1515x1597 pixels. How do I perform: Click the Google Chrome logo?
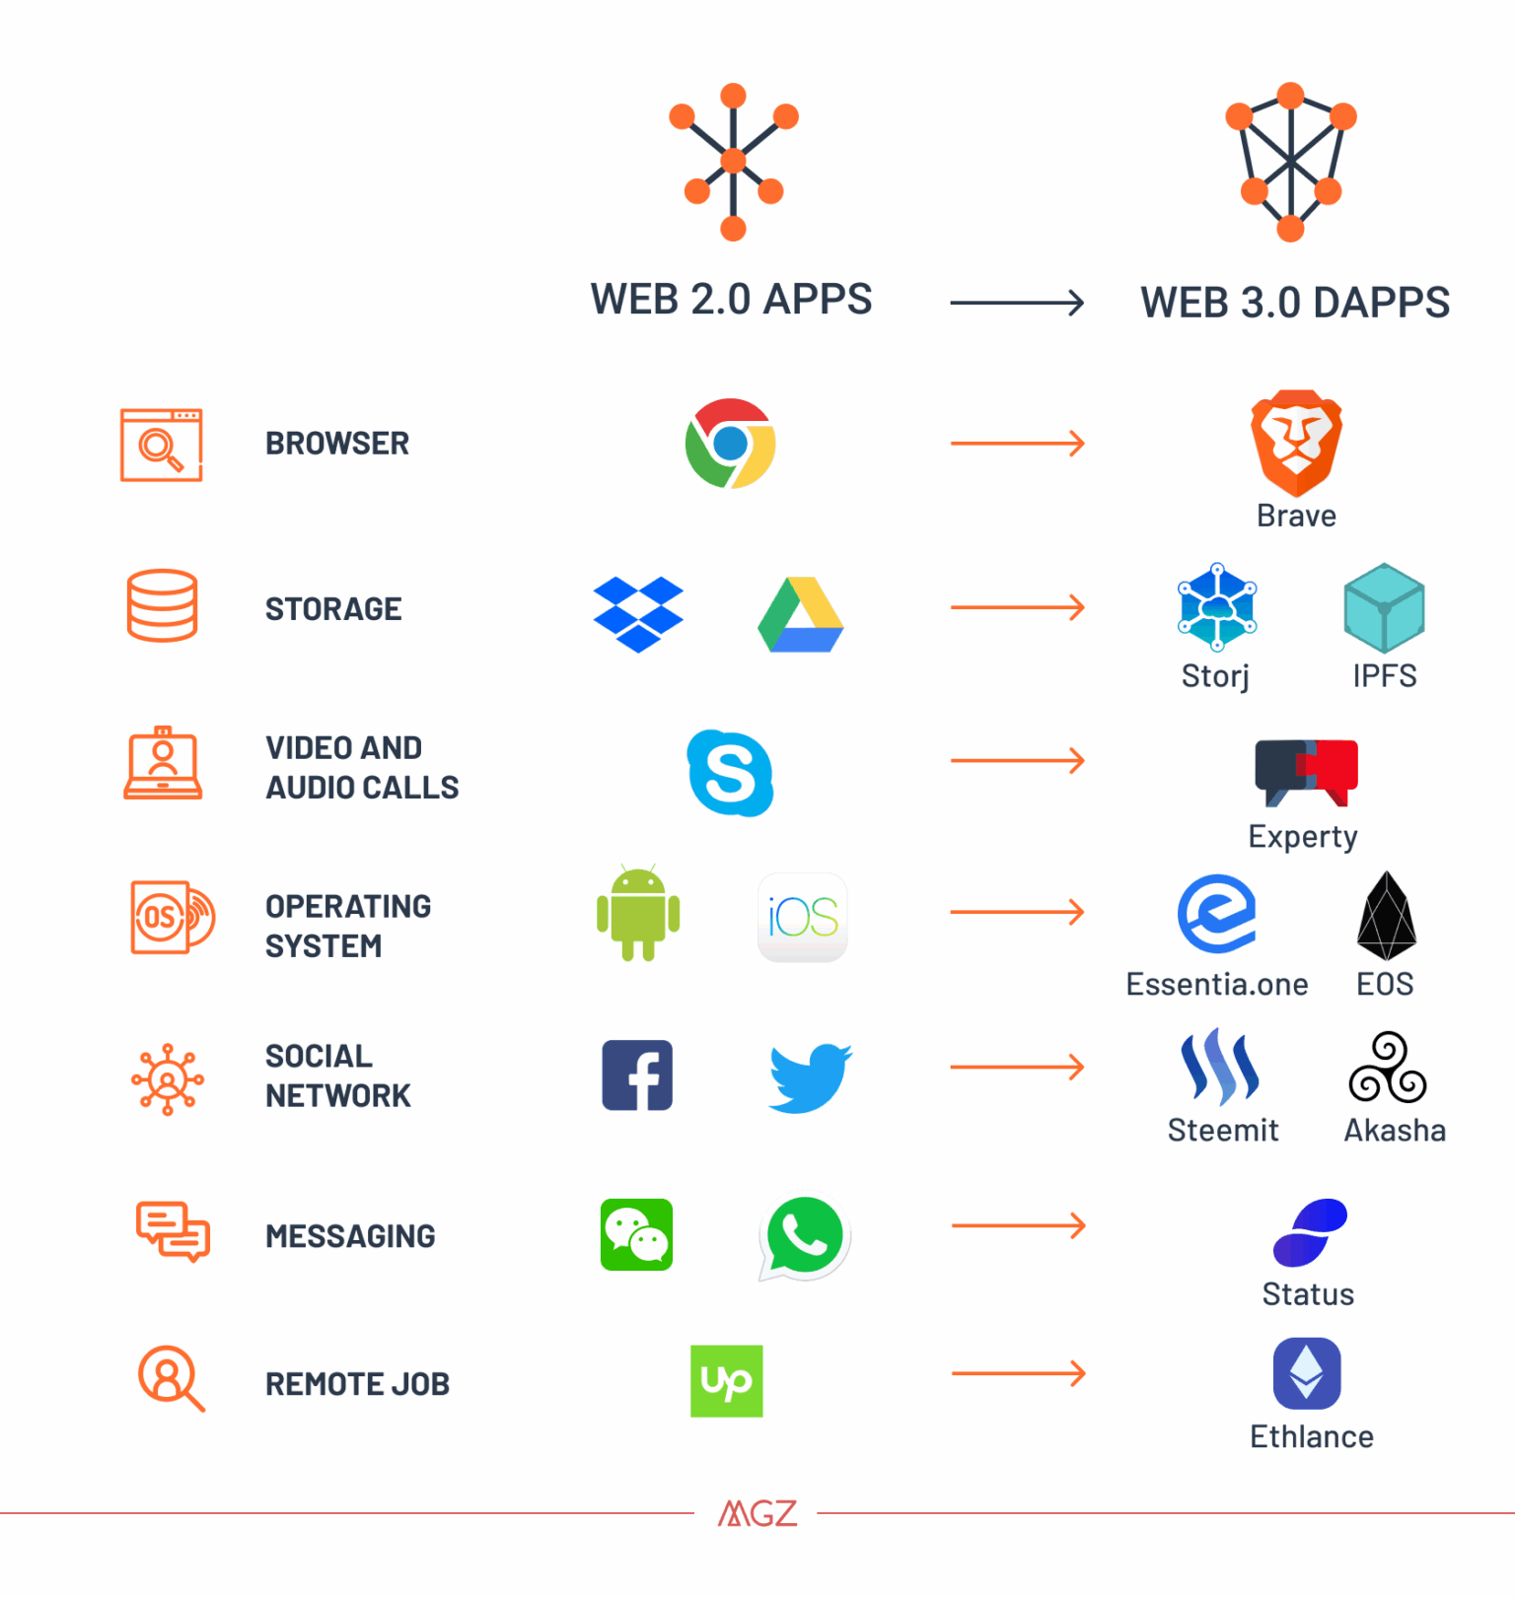(x=730, y=444)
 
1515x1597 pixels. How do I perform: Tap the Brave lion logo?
(x=1296, y=444)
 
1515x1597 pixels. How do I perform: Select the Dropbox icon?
(x=638, y=614)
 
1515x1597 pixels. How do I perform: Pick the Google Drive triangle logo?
(x=801, y=614)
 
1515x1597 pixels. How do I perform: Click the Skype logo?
(x=730, y=773)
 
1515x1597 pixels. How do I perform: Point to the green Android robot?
(x=638, y=914)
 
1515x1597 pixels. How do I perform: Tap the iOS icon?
(x=803, y=918)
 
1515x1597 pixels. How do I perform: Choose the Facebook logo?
(x=637, y=1076)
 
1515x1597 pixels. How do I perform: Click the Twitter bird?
(x=811, y=1078)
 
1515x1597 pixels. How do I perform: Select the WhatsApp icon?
(x=805, y=1238)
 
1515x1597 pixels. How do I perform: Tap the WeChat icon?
(x=636, y=1234)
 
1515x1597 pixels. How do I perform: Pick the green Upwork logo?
(x=727, y=1381)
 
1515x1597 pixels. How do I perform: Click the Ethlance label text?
(x=1312, y=1437)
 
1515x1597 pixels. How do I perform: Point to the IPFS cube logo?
(x=1385, y=607)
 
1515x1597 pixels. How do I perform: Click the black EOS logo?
(x=1387, y=916)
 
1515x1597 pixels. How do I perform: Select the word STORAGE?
(x=333, y=609)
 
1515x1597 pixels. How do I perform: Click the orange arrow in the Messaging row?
(x=1019, y=1225)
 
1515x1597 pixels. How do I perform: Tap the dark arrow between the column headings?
(x=1017, y=303)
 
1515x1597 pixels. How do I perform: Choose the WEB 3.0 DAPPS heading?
(x=1295, y=303)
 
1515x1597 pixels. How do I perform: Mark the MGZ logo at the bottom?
(x=757, y=1513)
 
